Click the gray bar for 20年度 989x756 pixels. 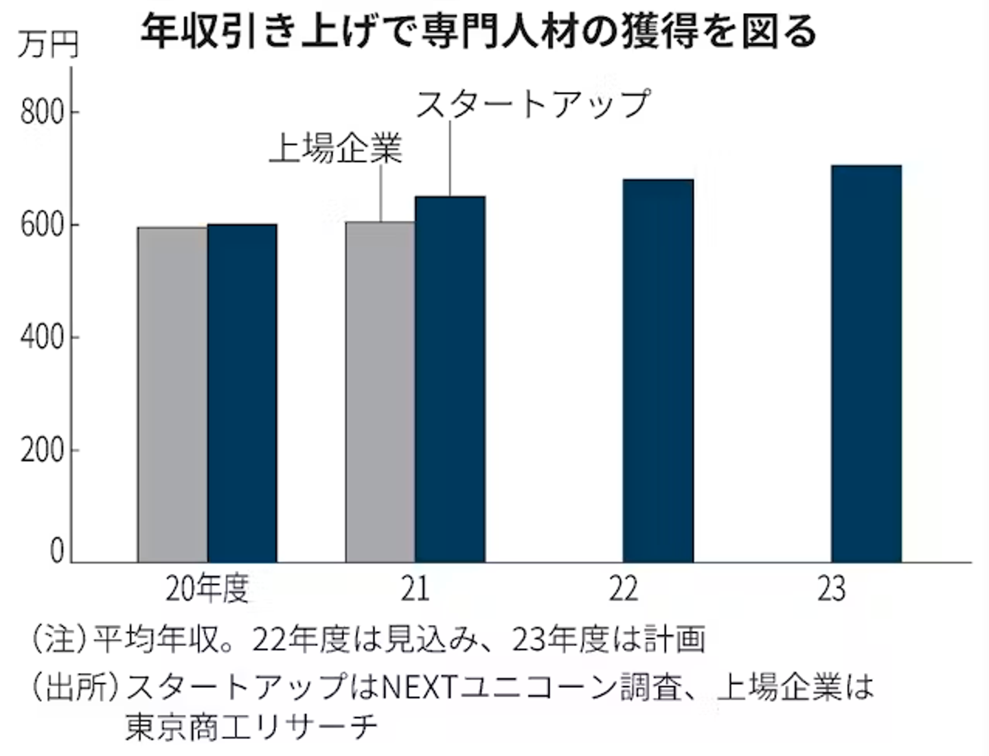tap(172, 395)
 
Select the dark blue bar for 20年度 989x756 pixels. tap(242, 393)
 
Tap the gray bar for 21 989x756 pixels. tap(380, 392)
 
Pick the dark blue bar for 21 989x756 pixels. tap(451, 380)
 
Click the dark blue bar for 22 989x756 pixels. tap(658, 371)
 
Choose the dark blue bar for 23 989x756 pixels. tap(866, 364)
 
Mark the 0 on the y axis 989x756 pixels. tap(56, 551)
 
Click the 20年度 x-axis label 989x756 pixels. tap(207, 589)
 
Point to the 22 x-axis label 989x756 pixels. tap(623, 589)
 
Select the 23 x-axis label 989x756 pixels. tap(831, 589)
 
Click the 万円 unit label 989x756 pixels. tap(48, 45)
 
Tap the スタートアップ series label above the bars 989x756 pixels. tap(532, 104)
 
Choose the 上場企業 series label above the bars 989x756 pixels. tap(335, 148)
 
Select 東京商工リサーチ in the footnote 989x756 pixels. tap(251, 726)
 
